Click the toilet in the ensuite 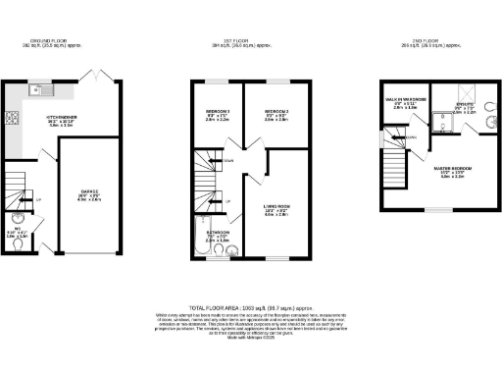[x=441, y=124]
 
